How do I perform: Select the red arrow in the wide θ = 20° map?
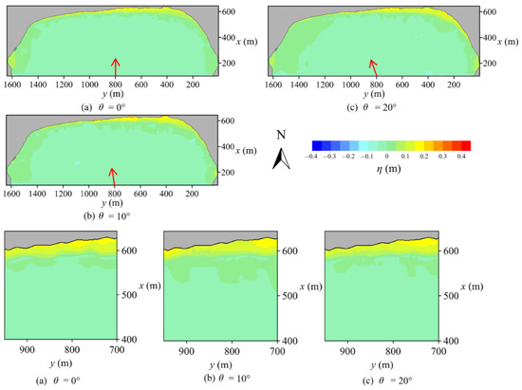pyautogui.click(x=376, y=67)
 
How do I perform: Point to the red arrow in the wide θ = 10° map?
pyautogui.click(x=116, y=176)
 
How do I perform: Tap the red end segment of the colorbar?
pyautogui.click(x=466, y=145)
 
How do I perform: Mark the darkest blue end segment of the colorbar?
pyautogui.click(x=314, y=145)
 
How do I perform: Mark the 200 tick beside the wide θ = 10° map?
pyautogui.click(x=228, y=174)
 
